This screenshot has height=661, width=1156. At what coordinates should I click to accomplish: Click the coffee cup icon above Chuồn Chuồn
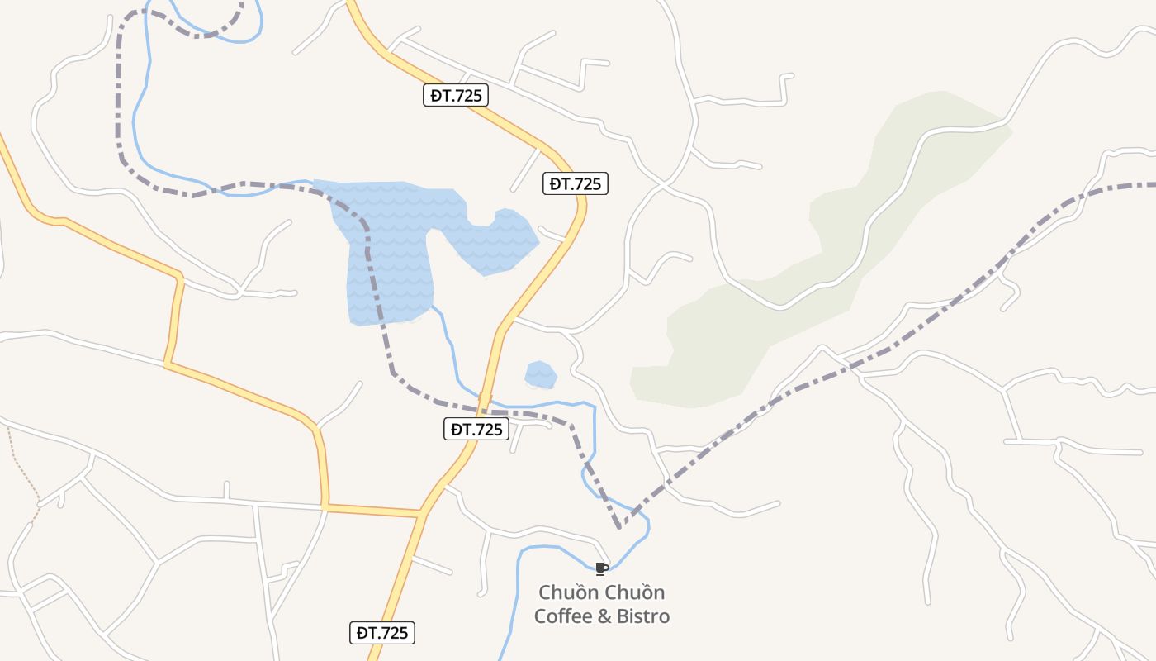coord(601,568)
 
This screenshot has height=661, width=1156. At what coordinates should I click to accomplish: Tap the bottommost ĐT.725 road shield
coord(381,634)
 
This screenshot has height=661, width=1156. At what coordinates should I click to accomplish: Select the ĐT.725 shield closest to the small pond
coord(476,429)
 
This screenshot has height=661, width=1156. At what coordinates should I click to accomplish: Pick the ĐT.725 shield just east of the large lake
coord(576,183)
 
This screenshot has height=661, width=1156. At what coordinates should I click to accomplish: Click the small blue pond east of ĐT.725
coord(540,374)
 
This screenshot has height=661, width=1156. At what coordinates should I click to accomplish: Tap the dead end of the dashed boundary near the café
coord(619,525)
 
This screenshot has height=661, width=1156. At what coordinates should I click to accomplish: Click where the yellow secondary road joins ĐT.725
coord(421,514)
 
